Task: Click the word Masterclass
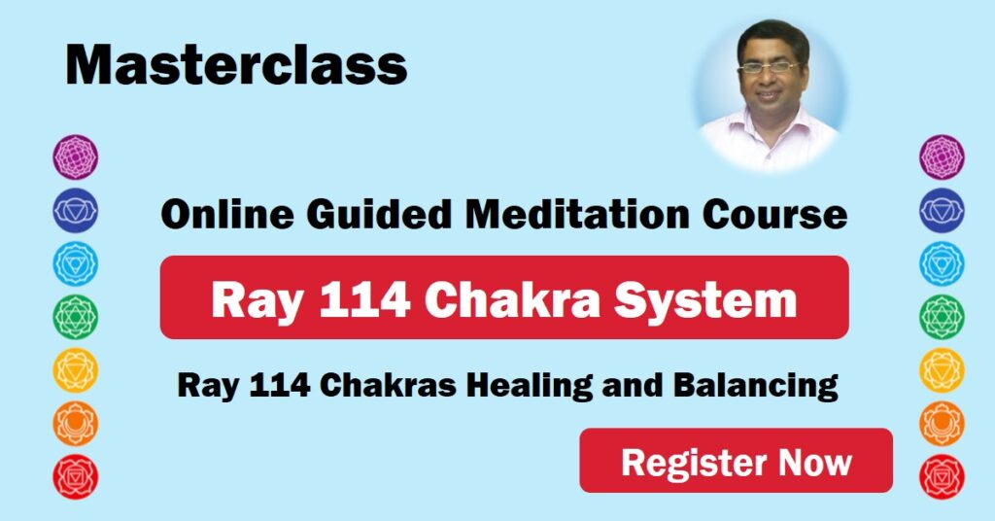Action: (236, 65)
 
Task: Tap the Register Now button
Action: (736, 461)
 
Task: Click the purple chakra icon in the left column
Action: (75, 157)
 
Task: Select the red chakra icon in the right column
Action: (942, 477)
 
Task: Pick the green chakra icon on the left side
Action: (75, 317)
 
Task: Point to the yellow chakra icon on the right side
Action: (942, 370)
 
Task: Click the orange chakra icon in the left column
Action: (75, 424)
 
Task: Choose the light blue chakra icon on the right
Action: (942, 263)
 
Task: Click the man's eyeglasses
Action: (769, 68)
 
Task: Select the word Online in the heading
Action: (213, 215)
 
